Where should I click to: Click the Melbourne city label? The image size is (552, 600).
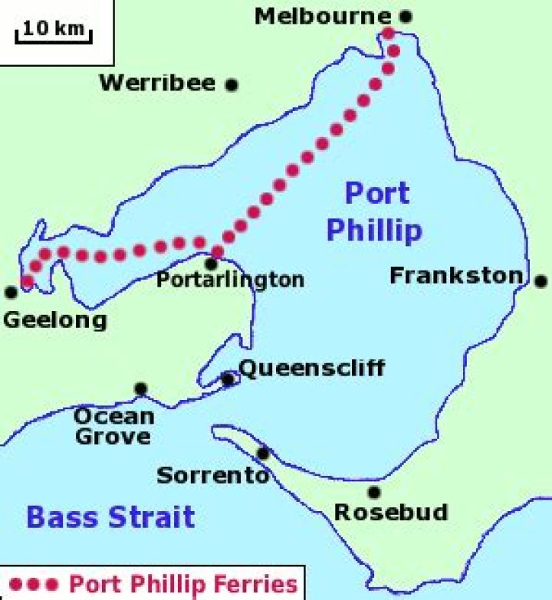coord(322,16)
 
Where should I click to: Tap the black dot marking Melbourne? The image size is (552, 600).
coord(406,15)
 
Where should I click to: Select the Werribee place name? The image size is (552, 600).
coord(158,84)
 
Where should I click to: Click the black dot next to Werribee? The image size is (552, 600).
coord(231,85)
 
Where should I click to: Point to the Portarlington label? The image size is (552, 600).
coord(230,280)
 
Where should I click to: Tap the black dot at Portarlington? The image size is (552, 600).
coord(211,264)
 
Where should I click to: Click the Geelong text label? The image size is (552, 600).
coord(55,320)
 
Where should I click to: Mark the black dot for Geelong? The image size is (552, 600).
coord(11,292)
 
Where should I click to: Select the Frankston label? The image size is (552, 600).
coord(456,276)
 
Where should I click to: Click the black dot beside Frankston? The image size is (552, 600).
coord(541,280)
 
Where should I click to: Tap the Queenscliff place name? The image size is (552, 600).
coord(311,369)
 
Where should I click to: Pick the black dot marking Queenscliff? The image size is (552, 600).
coord(228,379)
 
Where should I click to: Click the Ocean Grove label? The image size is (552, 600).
coord(113,427)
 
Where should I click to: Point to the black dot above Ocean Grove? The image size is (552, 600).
coord(140,389)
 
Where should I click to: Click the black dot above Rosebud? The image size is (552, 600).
coord(374,492)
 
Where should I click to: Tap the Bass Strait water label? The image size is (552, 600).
coord(110,517)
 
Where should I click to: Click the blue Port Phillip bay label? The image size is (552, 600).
coord(375,211)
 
